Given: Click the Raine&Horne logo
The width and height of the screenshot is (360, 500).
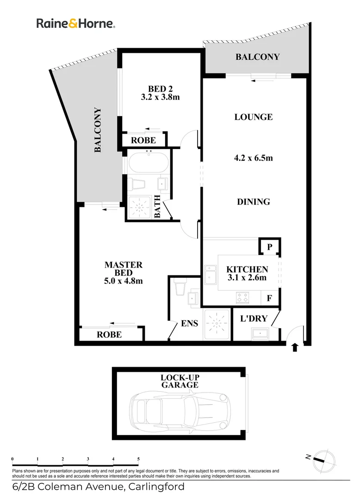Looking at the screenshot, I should pyautogui.click(x=76, y=24).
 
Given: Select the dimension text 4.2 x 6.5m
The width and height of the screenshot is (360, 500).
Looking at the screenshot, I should pyautogui.click(x=253, y=158).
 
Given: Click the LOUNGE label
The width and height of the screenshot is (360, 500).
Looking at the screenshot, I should pyautogui.click(x=253, y=117).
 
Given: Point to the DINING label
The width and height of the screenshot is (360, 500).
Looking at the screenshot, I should pyautogui.click(x=253, y=202).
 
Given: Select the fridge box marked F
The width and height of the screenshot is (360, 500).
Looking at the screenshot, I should pyautogui.click(x=269, y=299).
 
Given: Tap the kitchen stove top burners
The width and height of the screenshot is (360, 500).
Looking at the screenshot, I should pyautogui.click(x=242, y=297).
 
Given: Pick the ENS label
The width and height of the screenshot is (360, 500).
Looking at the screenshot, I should pyautogui.click(x=190, y=323).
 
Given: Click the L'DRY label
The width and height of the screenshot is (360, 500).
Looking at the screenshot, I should pyautogui.click(x=254, y=319).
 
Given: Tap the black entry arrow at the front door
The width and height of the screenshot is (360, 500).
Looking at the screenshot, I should pyautogui.click(x=295, y=347).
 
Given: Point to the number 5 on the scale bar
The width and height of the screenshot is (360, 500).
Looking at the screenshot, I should pyautogui.click(x=138, y=459).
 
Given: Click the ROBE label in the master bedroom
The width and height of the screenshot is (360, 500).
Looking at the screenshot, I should pyautogui.click(x=109, y=334).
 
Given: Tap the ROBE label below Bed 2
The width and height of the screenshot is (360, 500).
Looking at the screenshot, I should pyautogui.click(x=143, y=140).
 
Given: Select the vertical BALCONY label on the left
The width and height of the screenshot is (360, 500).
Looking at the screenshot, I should pyautogui.click(x=98, y=130).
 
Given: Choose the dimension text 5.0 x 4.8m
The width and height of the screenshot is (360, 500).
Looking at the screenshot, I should pyautogui.click(x=123, y=281).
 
